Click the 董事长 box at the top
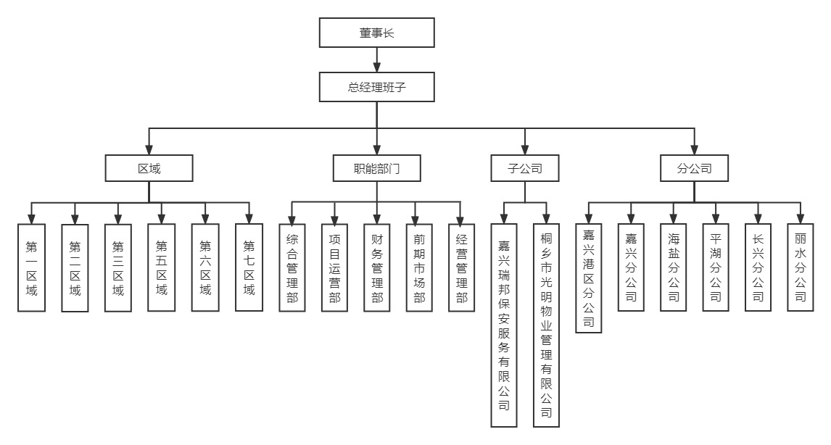coord(376,33)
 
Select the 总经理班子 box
coord(376,88)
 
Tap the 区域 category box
coord(149,169)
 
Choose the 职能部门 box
coord(376,169)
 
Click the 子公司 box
coord(526,169)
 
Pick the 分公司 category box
coord(694,169)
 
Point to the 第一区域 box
coord(31,267)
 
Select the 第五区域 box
coord(161,267)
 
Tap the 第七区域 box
coord(249,267)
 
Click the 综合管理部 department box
coord(292,267)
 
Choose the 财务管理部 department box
coord(376,267)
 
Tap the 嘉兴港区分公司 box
coord(588,278)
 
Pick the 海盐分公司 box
coord(674,267)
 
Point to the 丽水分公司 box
coord(801,267)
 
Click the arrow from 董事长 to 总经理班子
coord(376,60)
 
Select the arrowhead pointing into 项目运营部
coord(334,219)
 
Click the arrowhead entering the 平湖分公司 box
coord(716,219)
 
